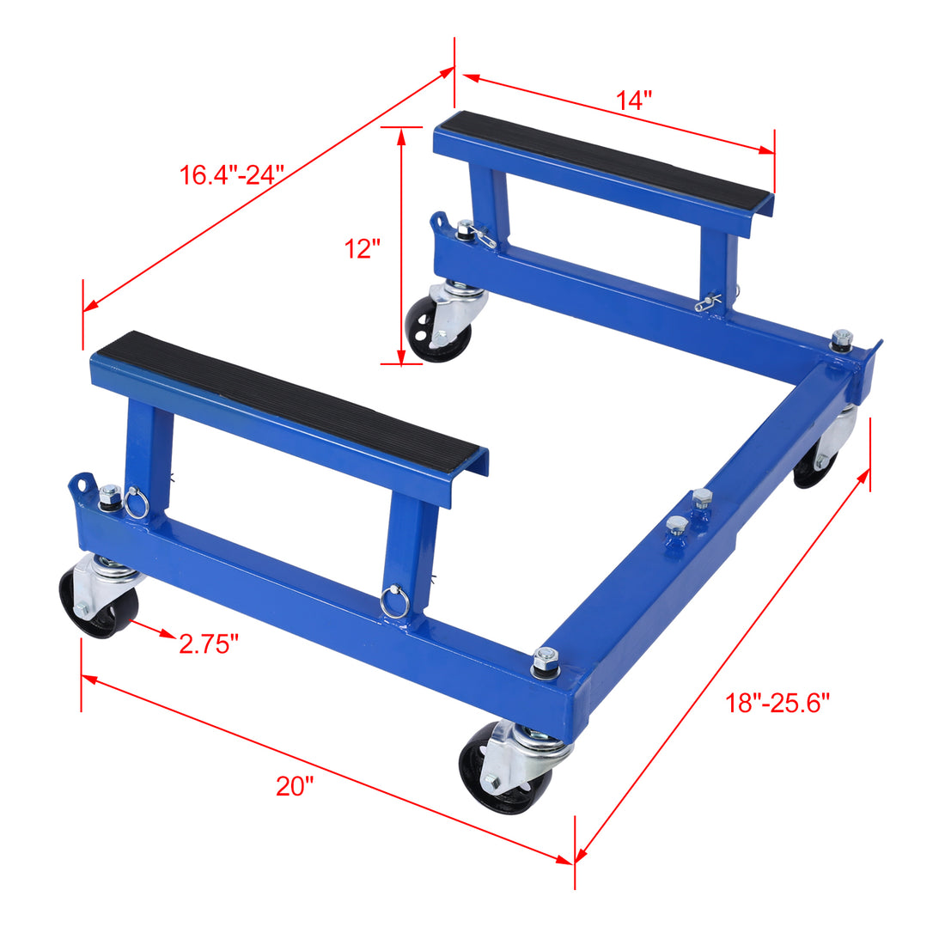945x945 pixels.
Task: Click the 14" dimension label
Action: click(633, 101)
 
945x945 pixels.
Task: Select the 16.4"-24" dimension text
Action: click(231, 175)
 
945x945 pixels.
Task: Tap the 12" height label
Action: click(362, 249)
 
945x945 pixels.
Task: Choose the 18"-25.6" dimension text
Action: click(777, 704)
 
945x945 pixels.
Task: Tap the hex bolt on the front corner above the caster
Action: click(544, 661)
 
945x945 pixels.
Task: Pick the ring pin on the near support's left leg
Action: click(136, 503)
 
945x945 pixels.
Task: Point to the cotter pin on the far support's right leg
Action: click(710, 301)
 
